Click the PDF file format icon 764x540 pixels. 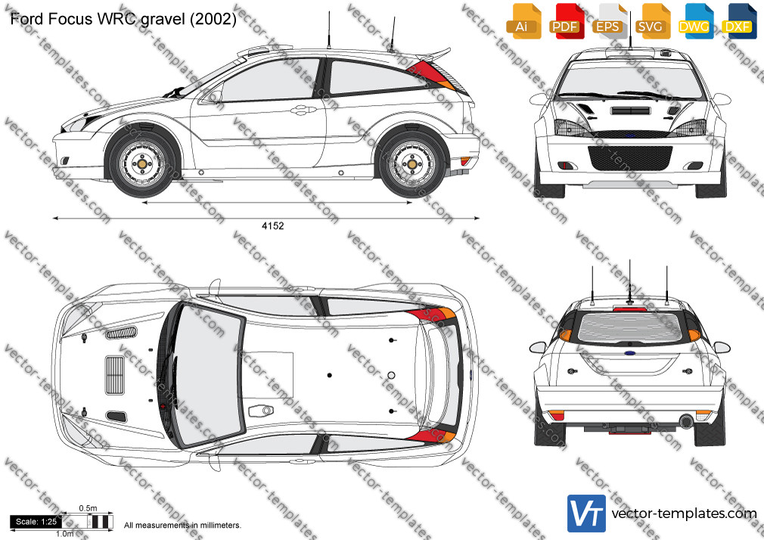coord(566,21)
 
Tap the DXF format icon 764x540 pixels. coord(739,21)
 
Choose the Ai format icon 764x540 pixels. coord(523,21)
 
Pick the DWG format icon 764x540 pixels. coord(696,21)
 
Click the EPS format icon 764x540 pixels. coord(610,21)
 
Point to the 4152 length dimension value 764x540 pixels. coord(272,225)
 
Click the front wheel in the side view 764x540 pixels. coord(141,164)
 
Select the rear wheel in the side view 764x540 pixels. coord(412,164)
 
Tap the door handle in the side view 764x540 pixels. coord(303,110)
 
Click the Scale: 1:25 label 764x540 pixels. coord(36,522)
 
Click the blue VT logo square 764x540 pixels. coord(587,514)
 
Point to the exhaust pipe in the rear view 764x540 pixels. coord(687,421)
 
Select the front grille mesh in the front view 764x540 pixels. coord(631,158)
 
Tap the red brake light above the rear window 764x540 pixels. coord(630,309)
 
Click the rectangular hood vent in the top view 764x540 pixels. coord(115,375)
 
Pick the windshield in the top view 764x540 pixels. coord(208,374)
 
